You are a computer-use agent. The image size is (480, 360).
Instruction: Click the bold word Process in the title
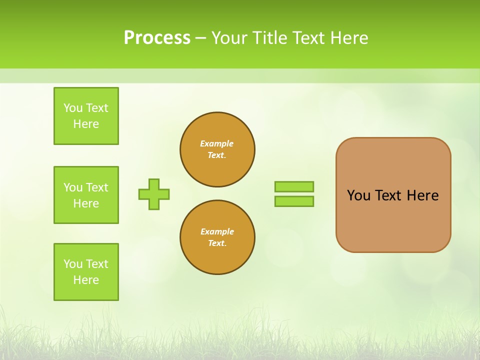tap(157, 38)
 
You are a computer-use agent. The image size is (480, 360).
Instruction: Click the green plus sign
tap(154, 194)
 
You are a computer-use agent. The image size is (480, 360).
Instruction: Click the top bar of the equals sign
tap(294, 186)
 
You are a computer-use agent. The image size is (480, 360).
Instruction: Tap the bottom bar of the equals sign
tap(294, 201)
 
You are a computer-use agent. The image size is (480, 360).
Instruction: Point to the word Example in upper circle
tap(217, 143)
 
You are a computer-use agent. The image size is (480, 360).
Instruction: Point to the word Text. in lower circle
tap(217, 243)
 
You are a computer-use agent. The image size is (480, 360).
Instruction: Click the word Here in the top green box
tap(86, 124)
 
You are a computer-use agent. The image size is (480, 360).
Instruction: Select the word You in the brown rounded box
tap(358, 195)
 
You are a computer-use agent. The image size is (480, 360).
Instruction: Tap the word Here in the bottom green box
tap(86, 280)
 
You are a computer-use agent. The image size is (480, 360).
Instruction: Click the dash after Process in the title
tap(200, 38)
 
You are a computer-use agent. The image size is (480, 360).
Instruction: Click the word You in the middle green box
tap(73, 187)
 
